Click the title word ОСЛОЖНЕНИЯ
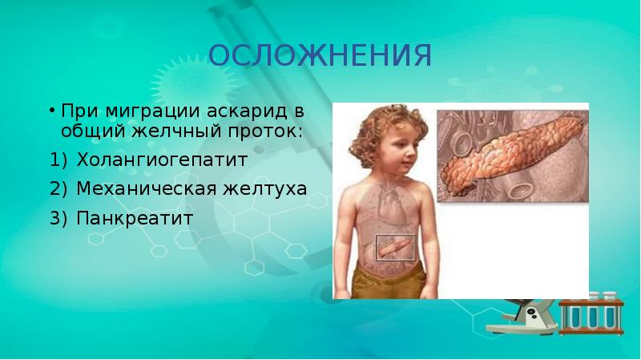click(320, 56)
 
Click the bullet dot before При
click(51, 110)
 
